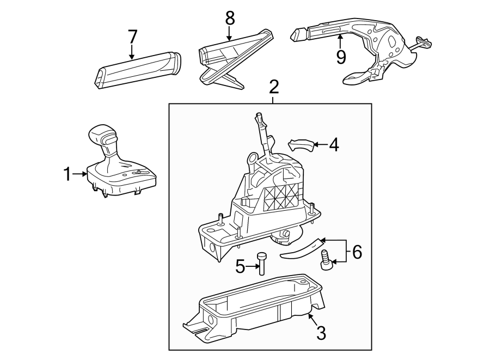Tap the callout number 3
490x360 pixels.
coord(321,333)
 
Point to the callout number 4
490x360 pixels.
coord(333,145)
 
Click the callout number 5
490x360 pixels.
coord(241,266)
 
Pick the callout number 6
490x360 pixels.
coord(356,252)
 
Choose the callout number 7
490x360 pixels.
coord(132,37)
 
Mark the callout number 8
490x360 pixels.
coord(230,17)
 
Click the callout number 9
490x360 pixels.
coord(341,56)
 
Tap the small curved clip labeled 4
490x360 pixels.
coord(301,145)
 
